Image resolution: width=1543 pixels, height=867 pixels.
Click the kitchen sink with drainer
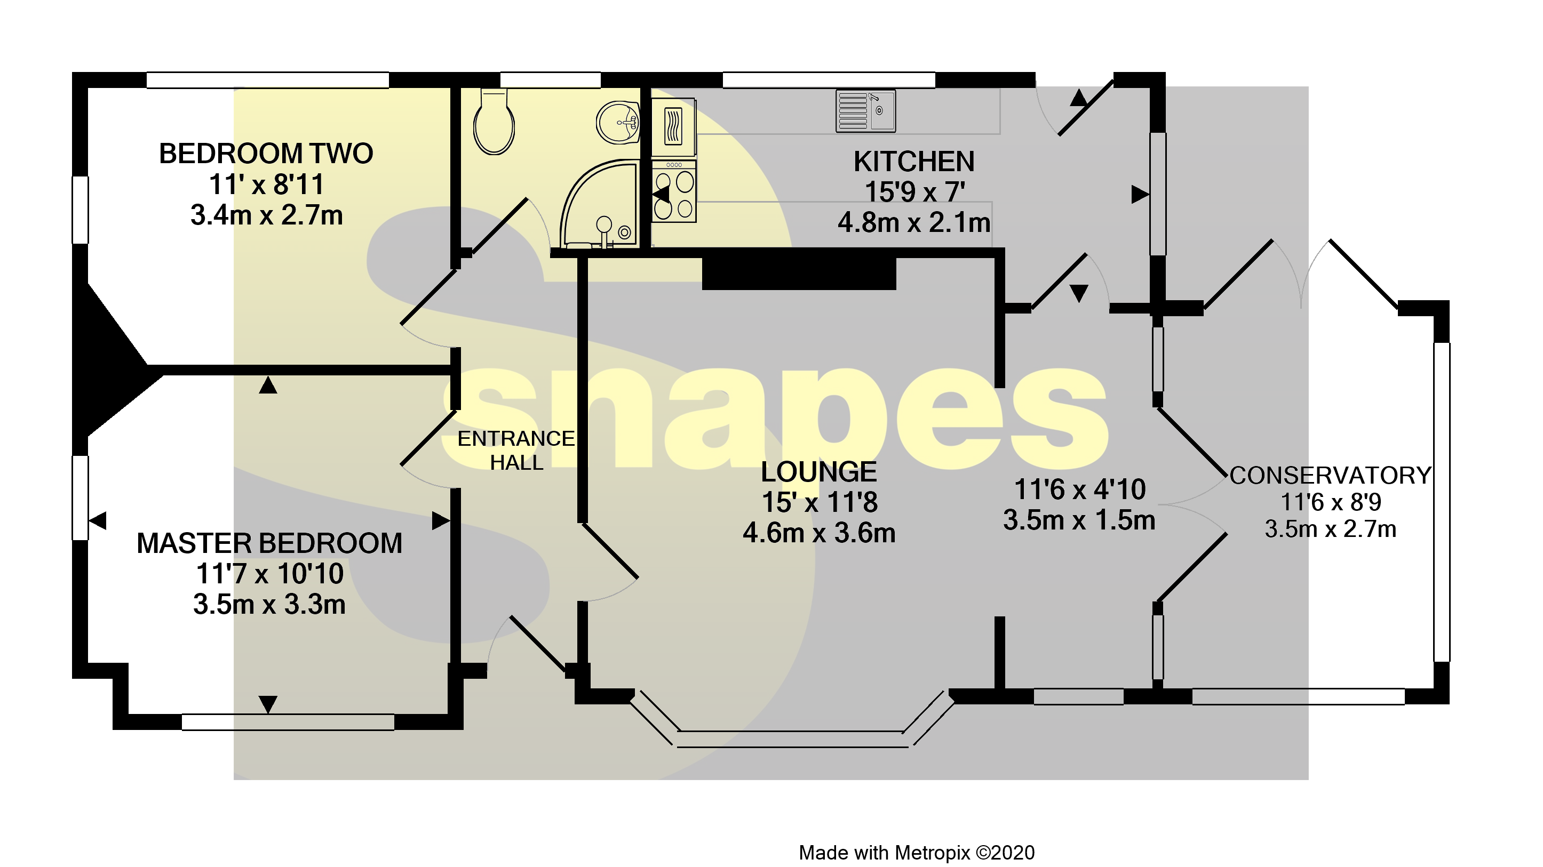[x=865, y=111]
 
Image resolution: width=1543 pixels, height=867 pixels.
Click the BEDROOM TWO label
[x=266, y=154]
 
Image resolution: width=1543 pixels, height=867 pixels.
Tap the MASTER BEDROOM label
[x=269, y=543]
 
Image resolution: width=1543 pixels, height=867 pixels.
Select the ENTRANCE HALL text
[x=516, y=450]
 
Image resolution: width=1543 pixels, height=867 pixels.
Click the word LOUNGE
[x=818, y=472]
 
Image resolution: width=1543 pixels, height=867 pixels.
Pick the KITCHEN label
[x=913, y=162]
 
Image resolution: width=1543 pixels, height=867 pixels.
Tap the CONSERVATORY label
[x=1330, y=476]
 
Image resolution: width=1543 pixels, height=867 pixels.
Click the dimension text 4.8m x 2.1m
[x=913, y=223]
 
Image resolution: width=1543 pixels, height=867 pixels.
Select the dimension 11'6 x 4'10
[x=1079, y=489]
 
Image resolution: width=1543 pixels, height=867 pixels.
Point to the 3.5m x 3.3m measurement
[x=269, y=604]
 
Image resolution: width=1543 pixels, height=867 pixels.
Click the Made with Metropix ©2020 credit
[x=917, y=853]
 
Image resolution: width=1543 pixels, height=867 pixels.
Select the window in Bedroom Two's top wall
[x=268, y=80]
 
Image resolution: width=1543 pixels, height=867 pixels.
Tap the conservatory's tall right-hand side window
[x=1441, y=502]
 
